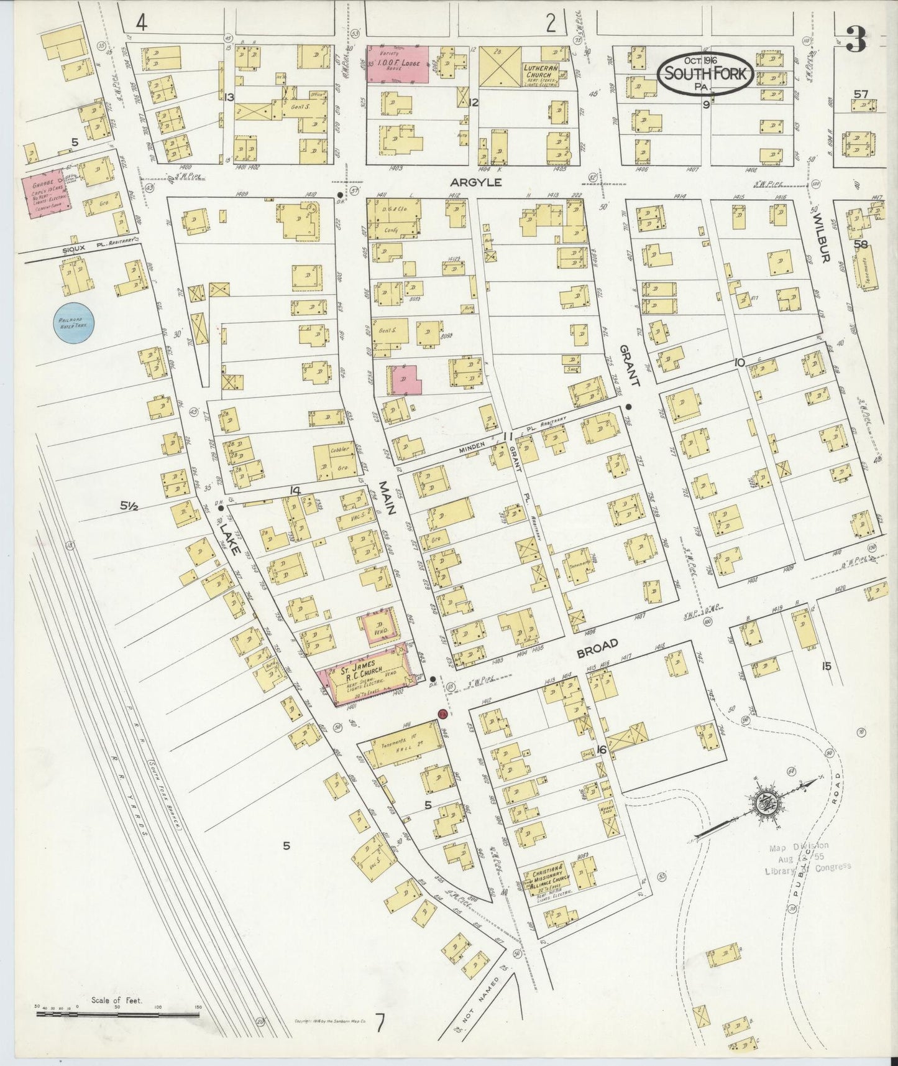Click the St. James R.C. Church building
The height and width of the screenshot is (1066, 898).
pyautogui.click(x=365, y=677)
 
